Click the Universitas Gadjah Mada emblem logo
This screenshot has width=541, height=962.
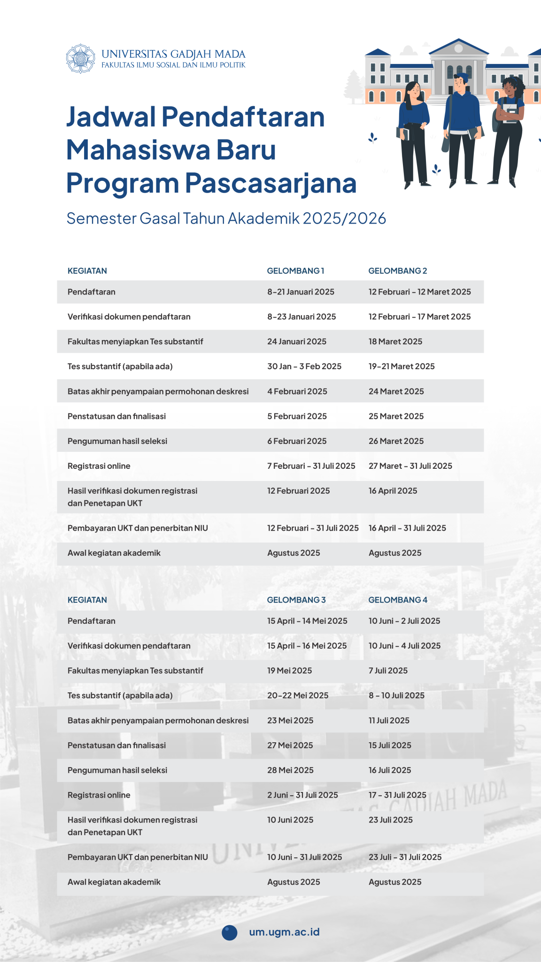pyautogui.click(x=80, y=59)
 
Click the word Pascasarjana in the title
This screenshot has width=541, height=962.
pyautogui.click(x=270, y=183)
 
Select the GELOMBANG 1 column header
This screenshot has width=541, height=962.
pyautogui.click(x=295, y=271)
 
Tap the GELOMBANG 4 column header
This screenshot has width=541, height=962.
pyautogui.click(x=397, y=600)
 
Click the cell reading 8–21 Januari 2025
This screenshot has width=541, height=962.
pyautogui.click(x=301, y=292)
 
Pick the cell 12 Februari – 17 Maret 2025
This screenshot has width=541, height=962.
pyautogui.click(x=419, y=317)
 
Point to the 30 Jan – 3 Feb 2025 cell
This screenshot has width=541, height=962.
pyautogui.click(x=304, y=366)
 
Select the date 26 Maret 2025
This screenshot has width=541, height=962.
pyautogui.click(x=396, y=441)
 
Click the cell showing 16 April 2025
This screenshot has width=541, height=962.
pyautogui.click(x=393, y=491)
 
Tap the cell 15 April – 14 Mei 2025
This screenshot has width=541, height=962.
pyautogui.click(x=307, y=621)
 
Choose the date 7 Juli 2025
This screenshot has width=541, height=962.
pyautogui.click(x=388, y=671)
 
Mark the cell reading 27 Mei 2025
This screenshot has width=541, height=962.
pyautogui.click(x=290, y=745)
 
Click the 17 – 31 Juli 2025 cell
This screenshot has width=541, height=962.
pyautogui.click(x=397, y=795)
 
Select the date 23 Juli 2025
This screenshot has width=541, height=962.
pyautogui.click(x=390, y=820)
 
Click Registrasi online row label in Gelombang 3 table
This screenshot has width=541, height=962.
pyautogui.click(x=99, y=795)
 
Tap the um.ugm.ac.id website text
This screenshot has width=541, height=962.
pyautogui.click(x=284, y=932)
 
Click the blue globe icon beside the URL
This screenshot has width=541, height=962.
pyautogui.click(x=230, y=932)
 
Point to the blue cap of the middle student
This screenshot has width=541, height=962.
pyautogui.click(x=461, y=77)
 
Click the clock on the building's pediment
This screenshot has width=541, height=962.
pyautogui.click(x=459, y=48)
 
